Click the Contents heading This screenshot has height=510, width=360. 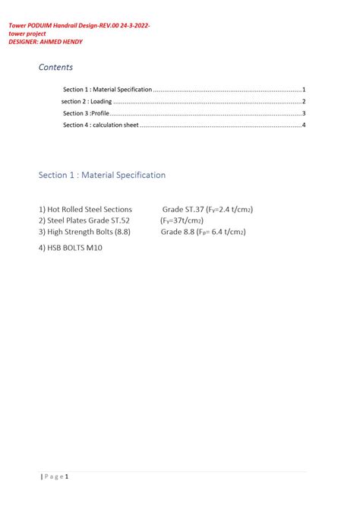55,68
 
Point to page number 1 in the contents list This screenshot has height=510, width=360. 303,90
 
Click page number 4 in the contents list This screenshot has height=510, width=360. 303,125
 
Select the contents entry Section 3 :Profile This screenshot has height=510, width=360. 86,113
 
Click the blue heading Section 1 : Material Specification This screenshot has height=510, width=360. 102,175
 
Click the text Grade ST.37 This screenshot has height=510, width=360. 182,209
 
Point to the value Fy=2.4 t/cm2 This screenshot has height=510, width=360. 229,209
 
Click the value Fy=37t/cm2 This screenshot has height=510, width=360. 182,220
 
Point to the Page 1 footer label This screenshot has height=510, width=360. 55,477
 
